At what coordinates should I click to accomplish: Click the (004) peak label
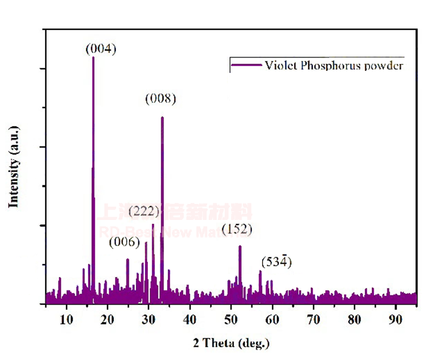click(x=101, y=49)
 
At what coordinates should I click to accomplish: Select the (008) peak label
click(x=160, y=99)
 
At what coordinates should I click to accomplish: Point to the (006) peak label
click(x=124, y=242)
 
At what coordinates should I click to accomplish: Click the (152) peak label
click(x=237, y=229)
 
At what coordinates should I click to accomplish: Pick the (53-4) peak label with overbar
click(x=277, y=262)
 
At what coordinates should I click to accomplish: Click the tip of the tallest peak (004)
click(x=93, y=57)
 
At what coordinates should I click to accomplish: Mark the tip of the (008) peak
click(x=162, y=117)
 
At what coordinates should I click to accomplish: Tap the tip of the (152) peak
click(x=240, y=246)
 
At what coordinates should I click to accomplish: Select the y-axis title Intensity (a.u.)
click(x=14, y=167)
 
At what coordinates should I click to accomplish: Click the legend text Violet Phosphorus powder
click(x=333, y=66)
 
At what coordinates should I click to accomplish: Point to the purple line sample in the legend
click(x=245, y=66)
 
